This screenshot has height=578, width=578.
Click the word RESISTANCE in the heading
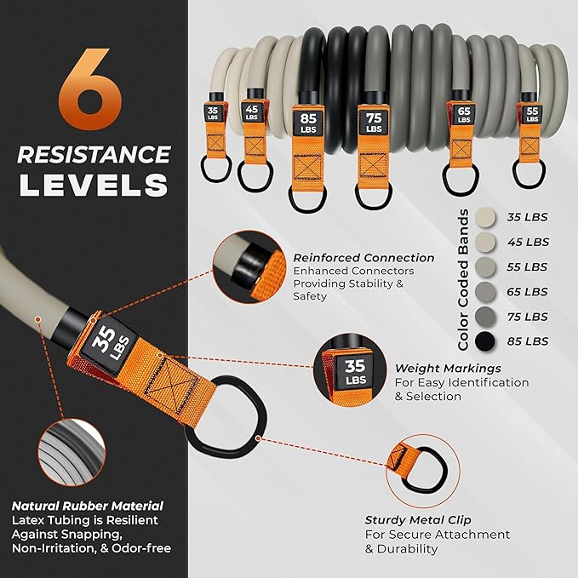pyautogui.click(x=94, y=154)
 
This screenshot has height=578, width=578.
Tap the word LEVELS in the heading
pyautogui.click(x=94, y=185)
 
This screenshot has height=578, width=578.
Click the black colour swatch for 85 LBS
pyautogui.click(x=484, y=341)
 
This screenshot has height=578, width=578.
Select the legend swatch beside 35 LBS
pyautogui.click(x=484, y=216)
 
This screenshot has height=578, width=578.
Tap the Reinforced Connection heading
pyautogui.click(x=363, y=258)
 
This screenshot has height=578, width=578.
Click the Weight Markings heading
pyautogui.click(x=446, y=369)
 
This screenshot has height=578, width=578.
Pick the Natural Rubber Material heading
pyautogui.click(x=87, y=506)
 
